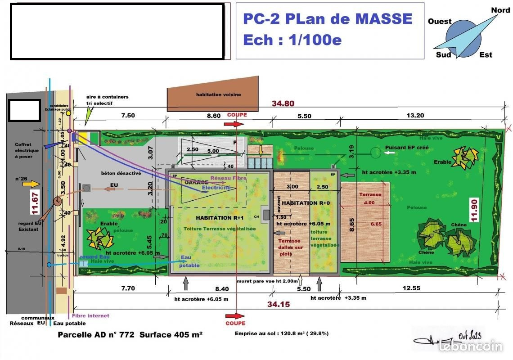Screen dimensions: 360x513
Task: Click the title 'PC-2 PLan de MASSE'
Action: point(327,19)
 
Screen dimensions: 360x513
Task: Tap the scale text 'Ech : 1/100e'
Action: point(292,40)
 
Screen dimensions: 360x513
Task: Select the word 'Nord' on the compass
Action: point(500,10)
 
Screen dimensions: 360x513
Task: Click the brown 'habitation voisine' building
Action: point(213,95)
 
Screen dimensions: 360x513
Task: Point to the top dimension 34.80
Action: point(283,103)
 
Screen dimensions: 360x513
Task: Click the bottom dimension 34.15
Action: point(278,304)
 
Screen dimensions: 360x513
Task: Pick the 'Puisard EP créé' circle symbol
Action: point(375,153)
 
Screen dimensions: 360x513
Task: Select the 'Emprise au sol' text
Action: point(281,334)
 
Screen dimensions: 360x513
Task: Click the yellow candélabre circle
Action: point(68,113)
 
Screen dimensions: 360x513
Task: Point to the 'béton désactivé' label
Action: point(121,173)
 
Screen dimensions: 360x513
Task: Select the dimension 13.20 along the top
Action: point(415,116)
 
